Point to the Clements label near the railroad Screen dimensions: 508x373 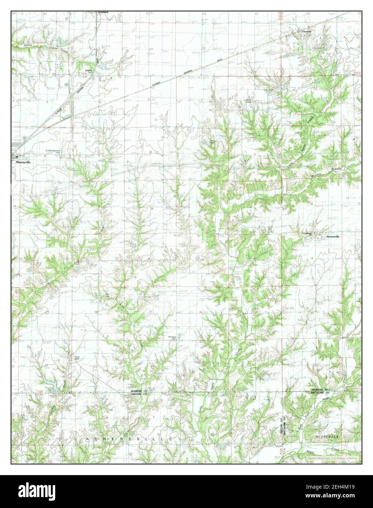point(306,31)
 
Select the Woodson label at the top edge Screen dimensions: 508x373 point(103,12)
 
